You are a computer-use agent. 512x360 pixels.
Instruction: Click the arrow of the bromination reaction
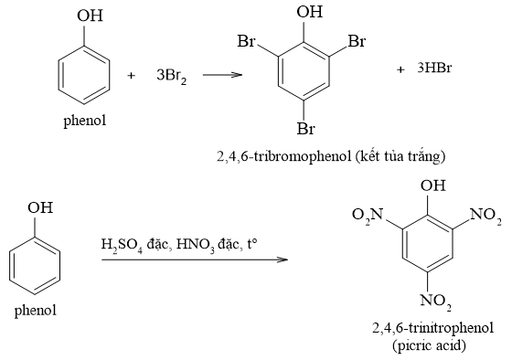tap(222, 75)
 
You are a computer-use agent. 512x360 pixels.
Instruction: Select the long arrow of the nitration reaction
tap(194, 260)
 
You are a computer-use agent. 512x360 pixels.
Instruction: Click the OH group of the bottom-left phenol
tap(39, 207)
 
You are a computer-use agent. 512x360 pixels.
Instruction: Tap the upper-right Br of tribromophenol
tap(357, 42)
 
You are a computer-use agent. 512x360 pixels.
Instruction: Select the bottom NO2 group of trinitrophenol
tap(437, 301)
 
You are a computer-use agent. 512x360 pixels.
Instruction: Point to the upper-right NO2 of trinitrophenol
tap(485, 217)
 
